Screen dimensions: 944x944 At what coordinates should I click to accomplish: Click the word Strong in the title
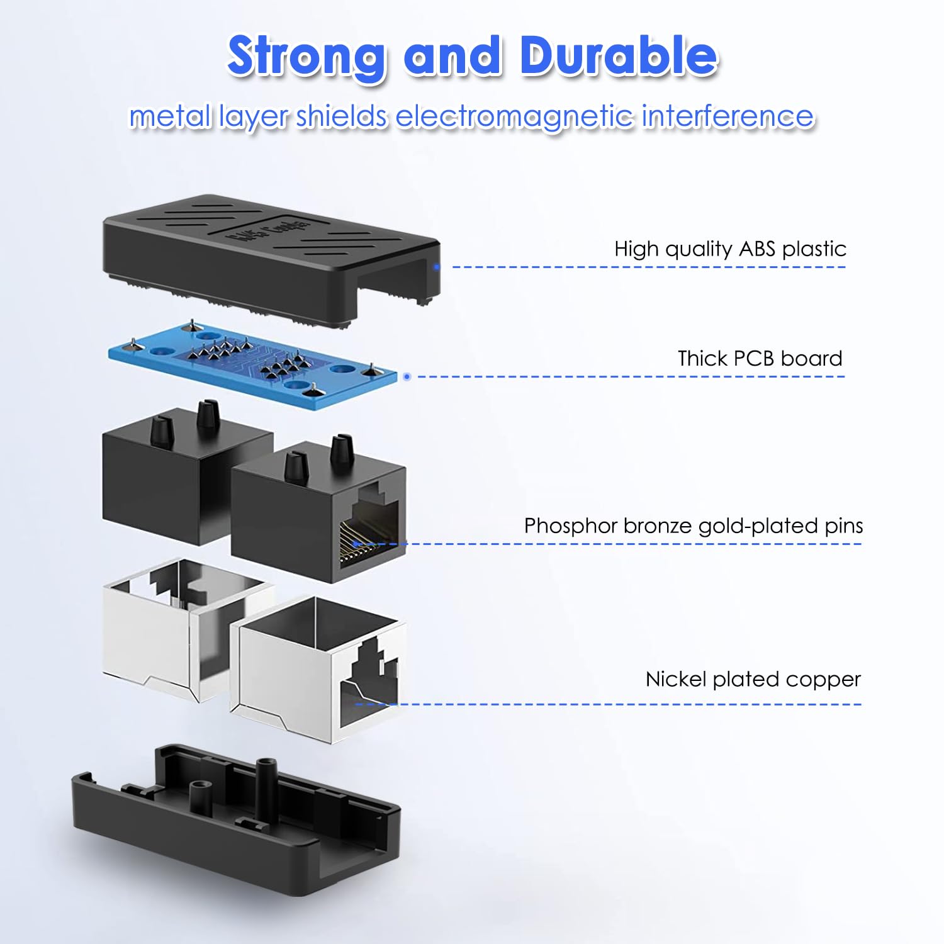pos(306,57)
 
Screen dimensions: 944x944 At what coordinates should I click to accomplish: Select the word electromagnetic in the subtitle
pos(514,116)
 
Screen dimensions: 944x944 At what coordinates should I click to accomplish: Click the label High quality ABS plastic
pos(730,249)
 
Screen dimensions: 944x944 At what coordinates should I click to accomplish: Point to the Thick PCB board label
pos(760,359)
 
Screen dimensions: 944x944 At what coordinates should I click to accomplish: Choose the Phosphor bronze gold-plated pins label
pos(693,526)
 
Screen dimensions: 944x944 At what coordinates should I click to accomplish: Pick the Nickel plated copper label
pos(753,680)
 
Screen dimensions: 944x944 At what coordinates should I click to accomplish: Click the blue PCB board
pos(252,365)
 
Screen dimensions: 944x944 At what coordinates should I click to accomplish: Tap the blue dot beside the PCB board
pos(407,376)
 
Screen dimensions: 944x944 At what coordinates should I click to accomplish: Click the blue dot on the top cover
pos(436,267)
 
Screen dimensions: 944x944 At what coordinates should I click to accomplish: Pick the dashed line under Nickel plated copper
pos(629,704)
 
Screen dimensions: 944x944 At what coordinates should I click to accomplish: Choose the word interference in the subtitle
pos(728,116)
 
